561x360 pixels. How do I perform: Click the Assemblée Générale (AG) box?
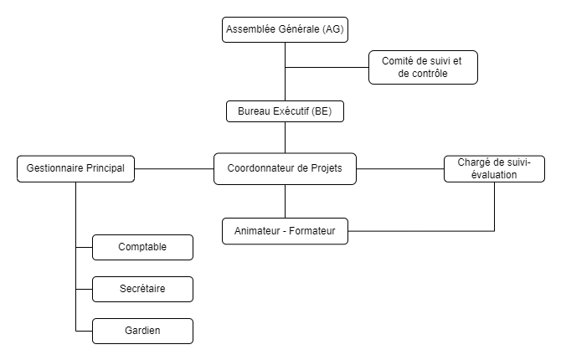(x=285, y=29)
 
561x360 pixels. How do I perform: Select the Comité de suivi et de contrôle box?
(x=423, y=67)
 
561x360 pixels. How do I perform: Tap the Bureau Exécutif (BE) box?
(x=285, y=111)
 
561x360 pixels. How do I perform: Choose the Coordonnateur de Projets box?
(x=285, y=168)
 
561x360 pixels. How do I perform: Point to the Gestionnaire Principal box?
(x=75, y=168)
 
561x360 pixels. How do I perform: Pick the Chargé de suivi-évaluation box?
(x=493, y=168)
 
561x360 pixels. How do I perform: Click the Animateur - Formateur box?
(x=285, y=230)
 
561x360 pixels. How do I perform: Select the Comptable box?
(x=142, y=247)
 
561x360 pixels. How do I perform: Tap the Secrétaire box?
(x=142, y=289)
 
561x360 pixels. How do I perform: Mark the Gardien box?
(x=142, y=331)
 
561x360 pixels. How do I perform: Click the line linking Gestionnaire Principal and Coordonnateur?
(x=174, y=168)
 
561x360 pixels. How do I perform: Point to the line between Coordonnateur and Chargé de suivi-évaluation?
(x=399, y=168)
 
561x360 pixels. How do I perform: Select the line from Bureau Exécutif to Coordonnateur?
(x=285, y=137)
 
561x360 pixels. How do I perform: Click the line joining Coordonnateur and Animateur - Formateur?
(x=285, y=201)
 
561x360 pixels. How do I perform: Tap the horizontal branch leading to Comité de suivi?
(x=327, y=67)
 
